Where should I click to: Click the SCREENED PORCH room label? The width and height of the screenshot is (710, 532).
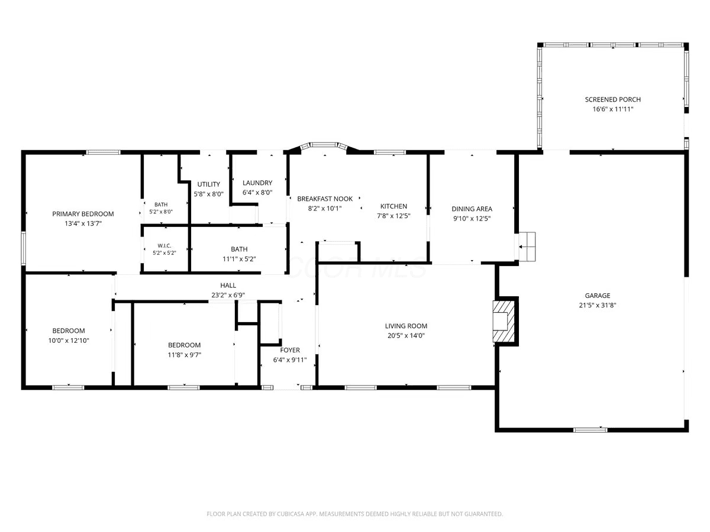point(612,99)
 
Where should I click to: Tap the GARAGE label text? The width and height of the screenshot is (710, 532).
point(598,296)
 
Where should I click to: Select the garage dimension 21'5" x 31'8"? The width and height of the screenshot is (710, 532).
point(598,305)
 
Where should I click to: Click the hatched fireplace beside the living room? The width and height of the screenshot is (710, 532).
point(504,321)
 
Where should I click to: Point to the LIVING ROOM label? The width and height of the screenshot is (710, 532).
point(406,326)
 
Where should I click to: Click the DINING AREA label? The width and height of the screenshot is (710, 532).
point(472,209)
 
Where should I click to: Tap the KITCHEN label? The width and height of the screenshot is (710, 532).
point(393,206)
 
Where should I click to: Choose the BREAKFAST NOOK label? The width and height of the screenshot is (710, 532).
point(325,199)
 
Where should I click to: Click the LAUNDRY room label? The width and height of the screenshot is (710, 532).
point(257,183)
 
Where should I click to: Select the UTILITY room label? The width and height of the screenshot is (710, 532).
point(209,184)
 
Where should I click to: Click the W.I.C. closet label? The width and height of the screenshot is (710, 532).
point(164,246)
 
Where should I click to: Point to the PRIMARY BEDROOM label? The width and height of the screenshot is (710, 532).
point(83,214)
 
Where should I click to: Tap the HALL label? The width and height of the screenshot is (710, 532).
point(228,286)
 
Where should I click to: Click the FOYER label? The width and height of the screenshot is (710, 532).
point(290,350)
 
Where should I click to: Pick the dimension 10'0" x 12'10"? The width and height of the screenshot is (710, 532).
point(69,340)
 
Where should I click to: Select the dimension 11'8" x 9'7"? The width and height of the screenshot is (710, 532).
point(185,355)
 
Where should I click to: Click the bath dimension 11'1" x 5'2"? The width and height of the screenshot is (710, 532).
point(239,259)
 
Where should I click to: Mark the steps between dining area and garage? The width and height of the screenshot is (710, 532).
point(527,246)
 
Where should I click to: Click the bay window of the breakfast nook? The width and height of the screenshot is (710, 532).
point(324,145)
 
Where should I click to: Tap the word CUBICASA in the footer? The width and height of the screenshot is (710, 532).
point(291,514)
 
